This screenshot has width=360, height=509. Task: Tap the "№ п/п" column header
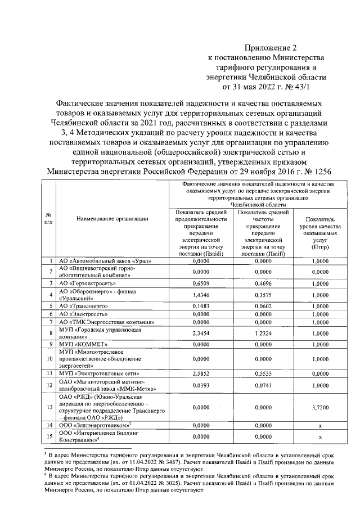(49, 218)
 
